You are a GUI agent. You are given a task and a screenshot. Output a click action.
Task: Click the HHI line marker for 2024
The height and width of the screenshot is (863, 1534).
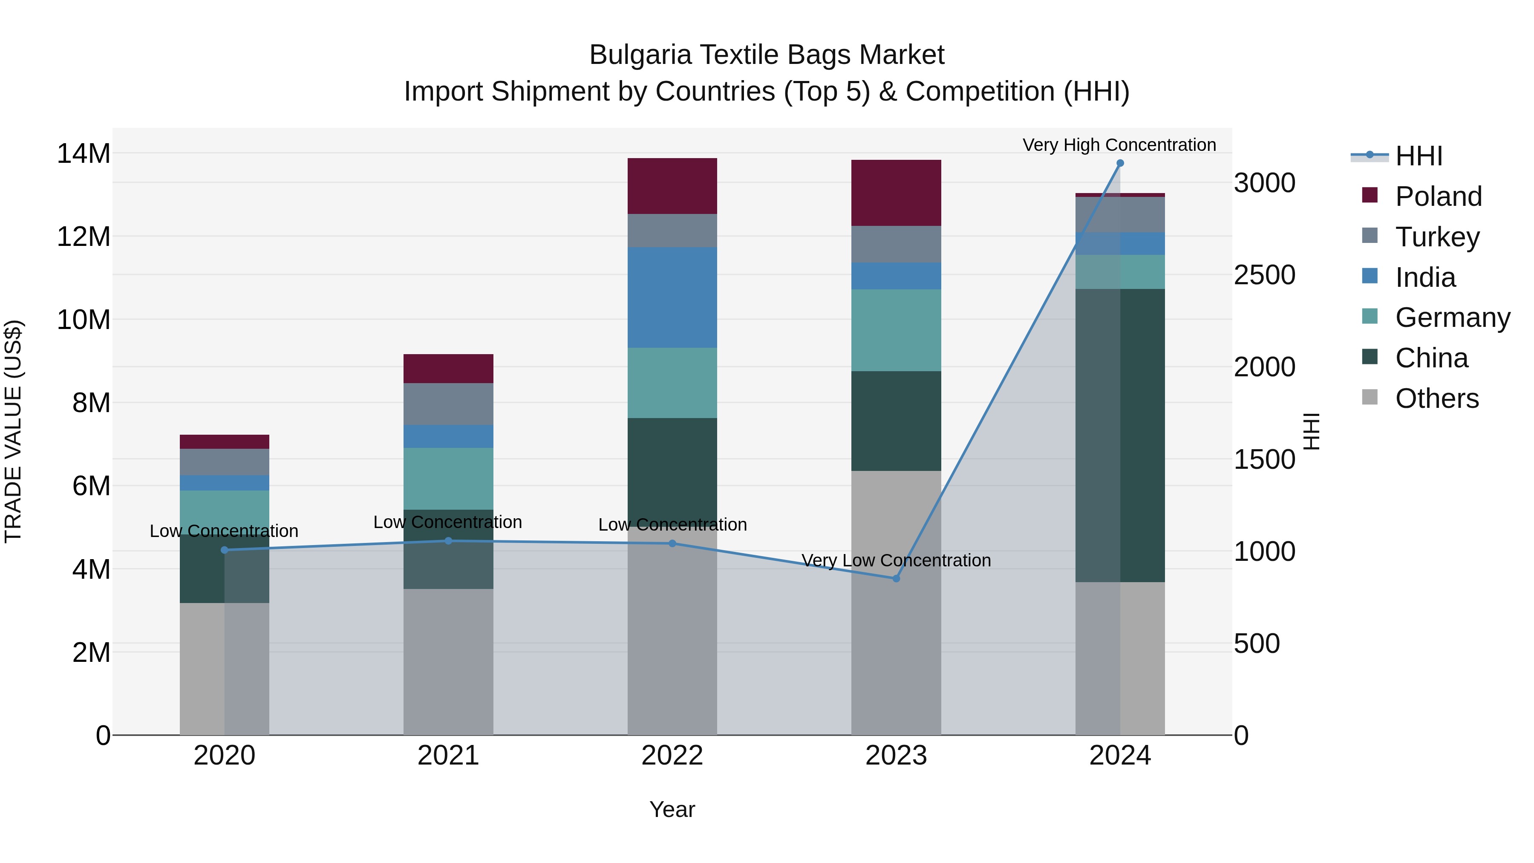1119,163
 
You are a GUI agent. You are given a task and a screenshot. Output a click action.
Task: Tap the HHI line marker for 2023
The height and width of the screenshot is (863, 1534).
896,578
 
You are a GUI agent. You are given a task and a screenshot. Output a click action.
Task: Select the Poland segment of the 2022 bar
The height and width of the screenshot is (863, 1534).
672,186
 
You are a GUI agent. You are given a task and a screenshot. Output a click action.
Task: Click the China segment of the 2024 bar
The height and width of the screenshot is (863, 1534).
1119,435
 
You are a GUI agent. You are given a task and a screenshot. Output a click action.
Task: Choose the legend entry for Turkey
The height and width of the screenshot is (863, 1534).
1437,237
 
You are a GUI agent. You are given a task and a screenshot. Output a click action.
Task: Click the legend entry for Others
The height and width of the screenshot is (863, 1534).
1436,398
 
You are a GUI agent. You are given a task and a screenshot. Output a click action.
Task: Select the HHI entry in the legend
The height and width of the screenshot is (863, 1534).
1419,156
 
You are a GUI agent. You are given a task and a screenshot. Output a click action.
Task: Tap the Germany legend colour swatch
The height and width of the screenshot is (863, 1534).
1370,316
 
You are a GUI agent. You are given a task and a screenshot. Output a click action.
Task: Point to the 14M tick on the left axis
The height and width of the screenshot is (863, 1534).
84,154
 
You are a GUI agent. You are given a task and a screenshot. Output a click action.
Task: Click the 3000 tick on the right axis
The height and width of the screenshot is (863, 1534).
1264,183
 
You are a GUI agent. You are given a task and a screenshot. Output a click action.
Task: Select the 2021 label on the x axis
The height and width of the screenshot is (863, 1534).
448,756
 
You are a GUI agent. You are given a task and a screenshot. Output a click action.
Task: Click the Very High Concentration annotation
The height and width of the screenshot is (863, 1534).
1119,145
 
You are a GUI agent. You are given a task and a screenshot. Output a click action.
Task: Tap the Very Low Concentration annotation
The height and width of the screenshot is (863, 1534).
896,560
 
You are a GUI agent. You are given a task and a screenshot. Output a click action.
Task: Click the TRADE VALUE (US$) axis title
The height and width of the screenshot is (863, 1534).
13,431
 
